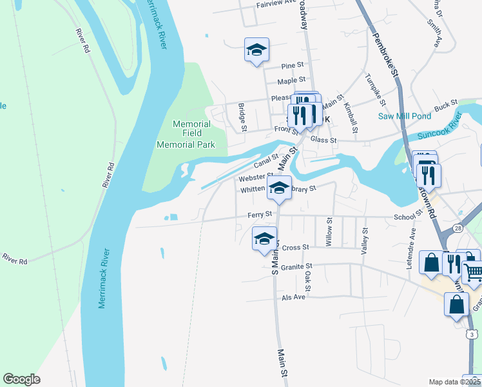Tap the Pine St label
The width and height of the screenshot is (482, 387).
293,66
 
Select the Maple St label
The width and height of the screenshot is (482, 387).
291,81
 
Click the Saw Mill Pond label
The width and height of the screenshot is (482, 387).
404,116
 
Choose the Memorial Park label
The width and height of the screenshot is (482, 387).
186,145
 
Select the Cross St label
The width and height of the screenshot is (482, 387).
296,248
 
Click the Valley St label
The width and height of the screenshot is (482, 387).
365,239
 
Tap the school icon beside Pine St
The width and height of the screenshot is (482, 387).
256,50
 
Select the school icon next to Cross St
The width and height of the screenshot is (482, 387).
264,238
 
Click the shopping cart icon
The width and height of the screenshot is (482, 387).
473,273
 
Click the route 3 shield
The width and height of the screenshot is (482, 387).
473,333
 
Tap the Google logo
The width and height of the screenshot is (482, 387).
22,379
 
